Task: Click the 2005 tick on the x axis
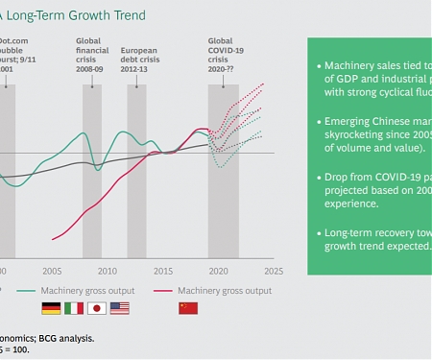[53, 271]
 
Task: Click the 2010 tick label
[108, 271]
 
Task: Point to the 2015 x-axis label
[163, 271]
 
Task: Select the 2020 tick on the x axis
[218, 271]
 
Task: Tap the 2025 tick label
[273, 271]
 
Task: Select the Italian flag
[74, 308]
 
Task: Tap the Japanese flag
[97, 308]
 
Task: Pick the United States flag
[120, 308]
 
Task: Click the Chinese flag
[188, 308]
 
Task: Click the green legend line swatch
[25, 290]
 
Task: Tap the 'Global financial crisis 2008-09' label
[91, 55]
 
